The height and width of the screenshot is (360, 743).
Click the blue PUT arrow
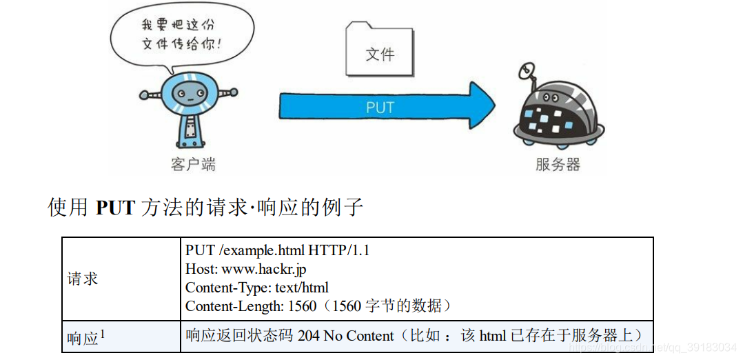386,108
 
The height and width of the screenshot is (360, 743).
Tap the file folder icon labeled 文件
379,50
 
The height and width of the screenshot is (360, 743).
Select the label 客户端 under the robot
193,164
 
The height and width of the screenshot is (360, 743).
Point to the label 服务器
558,164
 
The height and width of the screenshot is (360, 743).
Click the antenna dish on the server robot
527,70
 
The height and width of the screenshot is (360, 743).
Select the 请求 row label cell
83,279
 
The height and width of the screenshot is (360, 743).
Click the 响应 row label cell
83,338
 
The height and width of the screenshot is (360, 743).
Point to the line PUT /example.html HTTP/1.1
277,250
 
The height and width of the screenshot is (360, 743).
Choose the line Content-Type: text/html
256,288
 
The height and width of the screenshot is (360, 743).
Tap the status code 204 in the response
308,336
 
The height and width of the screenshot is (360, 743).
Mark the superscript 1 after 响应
103,334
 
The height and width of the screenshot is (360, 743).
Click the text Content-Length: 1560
250,306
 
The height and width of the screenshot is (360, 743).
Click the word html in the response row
493,336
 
